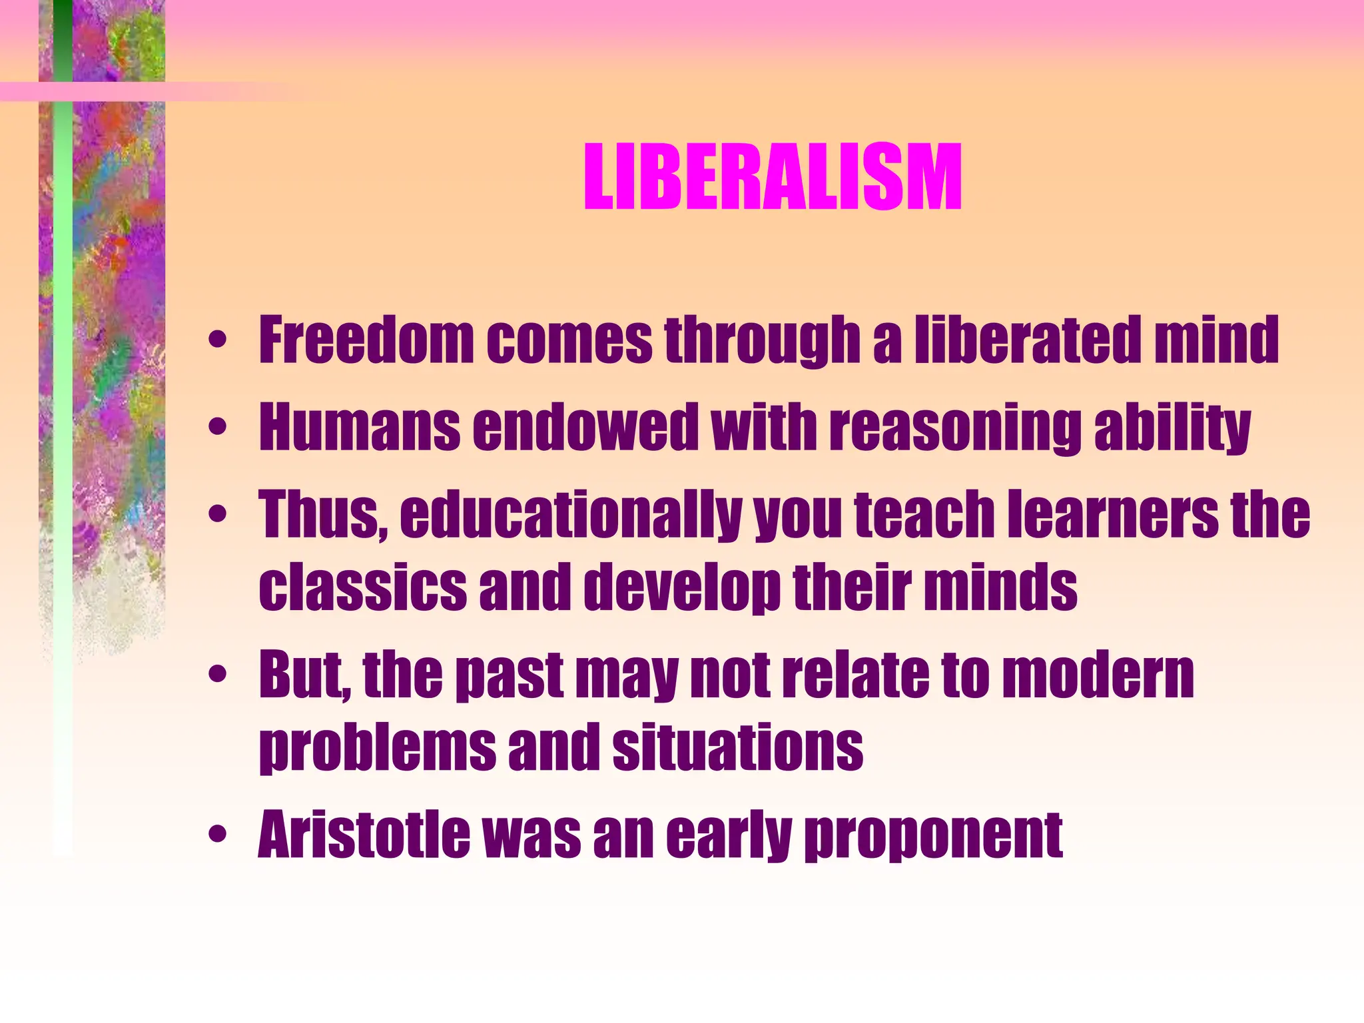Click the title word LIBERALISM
773,178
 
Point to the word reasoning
955,428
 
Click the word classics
363,585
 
